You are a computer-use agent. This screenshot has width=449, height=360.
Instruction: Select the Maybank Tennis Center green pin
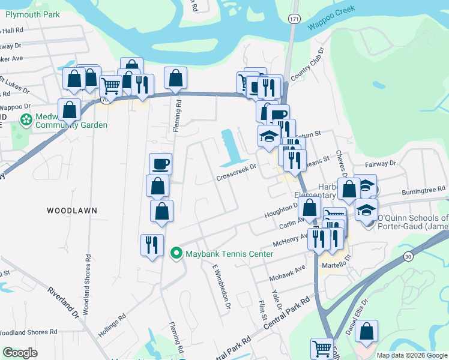176,254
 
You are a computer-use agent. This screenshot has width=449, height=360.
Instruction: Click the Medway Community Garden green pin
26,121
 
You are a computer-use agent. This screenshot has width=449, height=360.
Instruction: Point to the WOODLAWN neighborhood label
71,211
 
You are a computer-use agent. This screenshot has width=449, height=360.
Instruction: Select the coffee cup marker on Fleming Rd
161,164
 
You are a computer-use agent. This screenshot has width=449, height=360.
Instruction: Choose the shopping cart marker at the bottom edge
322,349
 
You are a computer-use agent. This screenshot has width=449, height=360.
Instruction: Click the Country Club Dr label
307,66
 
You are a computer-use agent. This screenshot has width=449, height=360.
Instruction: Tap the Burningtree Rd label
423,195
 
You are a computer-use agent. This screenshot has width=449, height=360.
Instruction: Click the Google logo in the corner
20,353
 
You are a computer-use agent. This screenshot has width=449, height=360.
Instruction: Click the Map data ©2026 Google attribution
412,355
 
